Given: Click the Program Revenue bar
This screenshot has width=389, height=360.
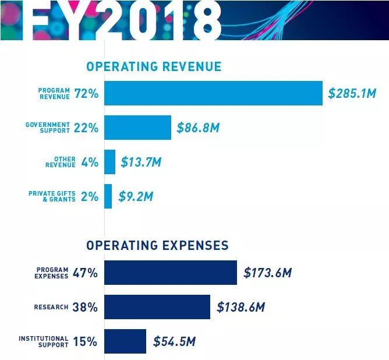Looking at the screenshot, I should [x=213, y=93].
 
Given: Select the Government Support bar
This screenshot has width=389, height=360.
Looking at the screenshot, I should [x=137, y=128].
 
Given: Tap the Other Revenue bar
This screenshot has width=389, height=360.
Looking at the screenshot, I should [x=109, y=162].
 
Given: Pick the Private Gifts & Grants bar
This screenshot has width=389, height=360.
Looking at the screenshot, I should [x=108, y=196].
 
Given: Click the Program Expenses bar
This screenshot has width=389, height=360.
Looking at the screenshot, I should [x=171, y=273].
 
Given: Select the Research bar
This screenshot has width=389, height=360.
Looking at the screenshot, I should [x=157, y=307].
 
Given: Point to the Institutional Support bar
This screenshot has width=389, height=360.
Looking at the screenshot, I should [x=125, y=341].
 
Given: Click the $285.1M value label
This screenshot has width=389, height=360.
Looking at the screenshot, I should [x=352, y=94].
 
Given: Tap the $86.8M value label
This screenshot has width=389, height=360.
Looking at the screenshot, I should [x=198, y=128].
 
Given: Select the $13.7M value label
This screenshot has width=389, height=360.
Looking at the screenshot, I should [x=141, y=163].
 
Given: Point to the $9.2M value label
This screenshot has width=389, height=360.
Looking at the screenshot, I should [x=136, y=197].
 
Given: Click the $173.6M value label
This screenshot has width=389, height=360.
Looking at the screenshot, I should [x=267, y=273].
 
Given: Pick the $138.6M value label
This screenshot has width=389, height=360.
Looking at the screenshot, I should [x=241, y=307].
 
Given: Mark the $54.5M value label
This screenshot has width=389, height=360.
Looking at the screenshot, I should [x=175, y=341].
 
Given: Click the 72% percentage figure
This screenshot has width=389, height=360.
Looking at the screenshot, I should [x=86, y=94].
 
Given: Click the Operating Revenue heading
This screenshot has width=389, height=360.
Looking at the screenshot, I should [x=154, y=66].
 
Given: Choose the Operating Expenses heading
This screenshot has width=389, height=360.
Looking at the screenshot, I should [x=157, y=245].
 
